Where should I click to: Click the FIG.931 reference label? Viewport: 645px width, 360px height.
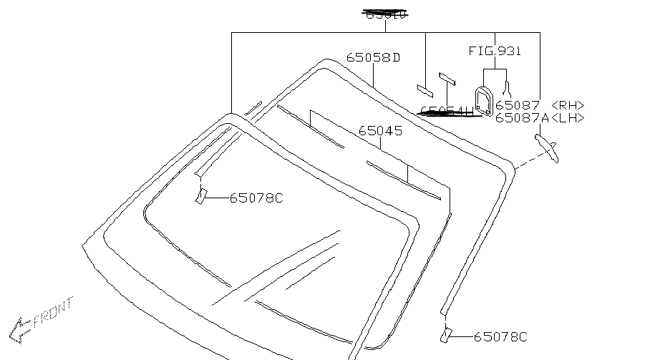click(x=495, y=51)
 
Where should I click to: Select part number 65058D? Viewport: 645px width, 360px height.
click(x=373, y=57)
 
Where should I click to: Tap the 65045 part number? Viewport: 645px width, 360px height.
click(x=380, y=131)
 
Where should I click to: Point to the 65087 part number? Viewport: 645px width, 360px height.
click(x=518, y=106)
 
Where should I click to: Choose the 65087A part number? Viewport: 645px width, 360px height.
click(x=521, y=118)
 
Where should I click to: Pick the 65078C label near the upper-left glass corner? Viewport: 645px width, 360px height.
click(x=256, y=198)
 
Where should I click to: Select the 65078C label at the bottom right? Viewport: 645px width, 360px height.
click(x=500, y=336)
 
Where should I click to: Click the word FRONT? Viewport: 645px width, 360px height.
click(x=54, y=312)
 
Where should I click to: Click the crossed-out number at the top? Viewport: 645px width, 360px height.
click(x=384, y=14)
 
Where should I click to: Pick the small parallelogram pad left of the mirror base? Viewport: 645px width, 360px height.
click(x=425, y=90)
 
